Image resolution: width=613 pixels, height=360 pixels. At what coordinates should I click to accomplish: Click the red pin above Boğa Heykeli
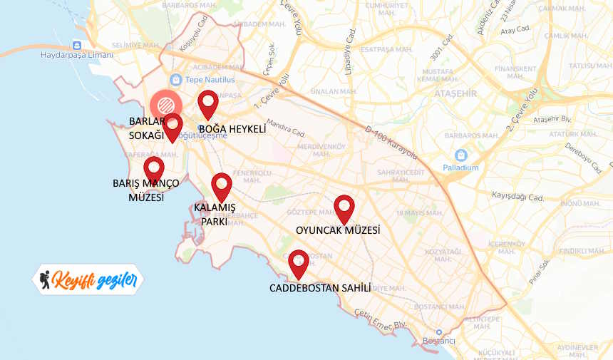(x=207, y=103)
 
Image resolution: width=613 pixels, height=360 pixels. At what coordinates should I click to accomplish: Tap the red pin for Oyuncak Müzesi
(x=344, y=207)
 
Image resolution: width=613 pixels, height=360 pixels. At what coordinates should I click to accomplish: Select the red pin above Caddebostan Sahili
(x=298, y=262)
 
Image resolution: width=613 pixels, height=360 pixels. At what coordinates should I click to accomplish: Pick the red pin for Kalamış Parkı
(x=222, y=185)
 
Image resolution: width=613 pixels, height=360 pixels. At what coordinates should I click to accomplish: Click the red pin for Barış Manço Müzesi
(x=154, y=170)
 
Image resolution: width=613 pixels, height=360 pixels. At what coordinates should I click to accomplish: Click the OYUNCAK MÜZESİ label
(x=338, y=230)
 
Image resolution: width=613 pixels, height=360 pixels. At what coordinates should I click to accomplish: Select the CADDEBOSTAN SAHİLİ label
(x=320, y=288)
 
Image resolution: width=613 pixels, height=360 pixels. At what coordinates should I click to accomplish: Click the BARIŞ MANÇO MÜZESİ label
(x=145, y=190)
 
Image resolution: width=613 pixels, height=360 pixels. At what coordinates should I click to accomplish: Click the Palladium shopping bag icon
(x=461, y=155)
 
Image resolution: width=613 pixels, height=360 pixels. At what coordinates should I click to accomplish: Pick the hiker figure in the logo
(x=46, y=279)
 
